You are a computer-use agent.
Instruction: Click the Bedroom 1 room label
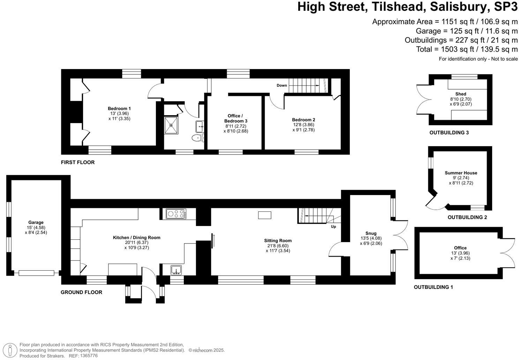coord(119,108)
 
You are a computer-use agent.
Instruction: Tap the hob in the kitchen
coord(176,213)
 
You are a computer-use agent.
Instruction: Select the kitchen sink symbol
coord(176,270)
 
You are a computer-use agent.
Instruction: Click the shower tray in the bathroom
coord(171,125)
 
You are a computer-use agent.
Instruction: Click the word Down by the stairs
coord(282,85)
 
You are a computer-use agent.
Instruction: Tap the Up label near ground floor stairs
coord(333,226)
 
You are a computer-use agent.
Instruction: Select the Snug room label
coord(371,233)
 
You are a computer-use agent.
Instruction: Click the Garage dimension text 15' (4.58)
coord(36,227)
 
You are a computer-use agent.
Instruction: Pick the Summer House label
coord(461,173)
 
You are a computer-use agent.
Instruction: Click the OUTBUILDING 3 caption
coord(449,133)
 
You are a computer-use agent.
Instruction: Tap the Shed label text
coord(460,94)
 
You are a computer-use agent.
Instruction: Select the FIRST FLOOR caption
coord(78,163)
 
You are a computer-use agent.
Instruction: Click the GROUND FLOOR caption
coord(81,292)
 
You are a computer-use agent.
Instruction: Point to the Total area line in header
coord(467,49)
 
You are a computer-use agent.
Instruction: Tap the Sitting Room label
coord(278,240)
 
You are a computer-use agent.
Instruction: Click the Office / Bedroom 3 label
coord(235,118)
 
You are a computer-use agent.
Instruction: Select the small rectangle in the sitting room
coord(264,215)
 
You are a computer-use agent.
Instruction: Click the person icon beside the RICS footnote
coord(12,350)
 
